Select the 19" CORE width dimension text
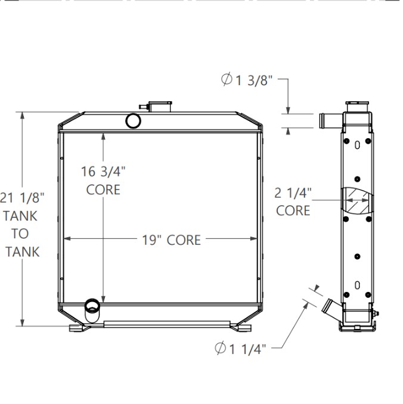[x=171, y=240]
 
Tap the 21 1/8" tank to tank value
[x=22, y=197]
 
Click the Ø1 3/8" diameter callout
[x=247, y=80]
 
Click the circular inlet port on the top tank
[x=134, y=121]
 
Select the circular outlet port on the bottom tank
[x=92, y=306]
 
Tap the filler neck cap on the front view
[x=159, y=106]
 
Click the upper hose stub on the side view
[x=328, y=119]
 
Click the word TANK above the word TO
[x=23, y=215]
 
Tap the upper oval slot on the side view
[x=357, y=145]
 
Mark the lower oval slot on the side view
[x=357, y=285]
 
